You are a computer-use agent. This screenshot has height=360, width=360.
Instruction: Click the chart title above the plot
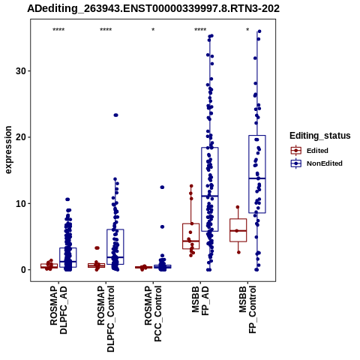[x=153, y=8]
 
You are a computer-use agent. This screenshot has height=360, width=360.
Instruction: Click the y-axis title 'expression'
[x=8, y=150]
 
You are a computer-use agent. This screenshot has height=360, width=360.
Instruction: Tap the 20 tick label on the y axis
[x=21, y=137]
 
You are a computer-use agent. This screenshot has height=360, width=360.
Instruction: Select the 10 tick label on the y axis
[x=21, y=203]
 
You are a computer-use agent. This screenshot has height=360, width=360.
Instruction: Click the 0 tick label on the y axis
[x=23, y=270]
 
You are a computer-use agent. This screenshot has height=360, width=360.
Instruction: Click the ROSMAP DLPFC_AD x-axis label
[x=58, y=310]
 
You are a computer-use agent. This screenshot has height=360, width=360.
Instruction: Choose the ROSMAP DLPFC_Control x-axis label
[x=106, y=319]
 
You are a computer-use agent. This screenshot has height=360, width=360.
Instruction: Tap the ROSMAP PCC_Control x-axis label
[x=153, y=313]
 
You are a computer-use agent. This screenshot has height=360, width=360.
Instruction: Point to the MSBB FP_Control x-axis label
[x=247, y=310]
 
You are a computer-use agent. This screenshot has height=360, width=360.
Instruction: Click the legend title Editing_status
[x=320, y=136]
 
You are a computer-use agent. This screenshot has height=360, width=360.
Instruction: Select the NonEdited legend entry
[x=316, y=163]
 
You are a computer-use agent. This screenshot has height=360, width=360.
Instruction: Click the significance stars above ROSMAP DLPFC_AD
[x=58, y=30]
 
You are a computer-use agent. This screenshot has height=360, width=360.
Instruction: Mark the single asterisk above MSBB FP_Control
[x=247, y=30]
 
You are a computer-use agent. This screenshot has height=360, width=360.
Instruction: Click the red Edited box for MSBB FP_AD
[x=191, y=236]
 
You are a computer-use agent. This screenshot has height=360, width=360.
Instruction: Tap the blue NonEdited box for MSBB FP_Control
[x=257, y=174]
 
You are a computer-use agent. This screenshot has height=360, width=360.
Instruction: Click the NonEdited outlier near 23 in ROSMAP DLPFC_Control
[x=115, y=115]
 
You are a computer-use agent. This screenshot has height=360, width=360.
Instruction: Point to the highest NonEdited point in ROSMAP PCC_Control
[x=162, y=187]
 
